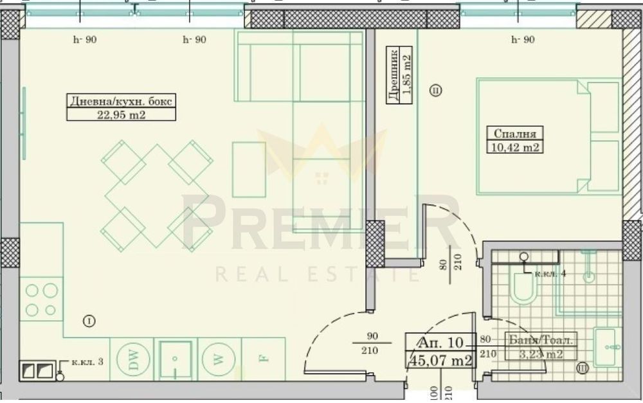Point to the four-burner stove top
(41, 300)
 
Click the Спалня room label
(514, 134)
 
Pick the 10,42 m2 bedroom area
(514, 148)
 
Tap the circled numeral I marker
(89, 320)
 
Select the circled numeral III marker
(582, 368)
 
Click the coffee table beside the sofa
(249, 170)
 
